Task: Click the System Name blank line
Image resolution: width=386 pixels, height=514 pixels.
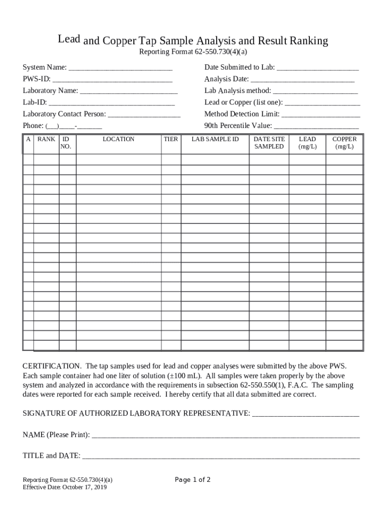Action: pyautogui.click(x=120, y=68)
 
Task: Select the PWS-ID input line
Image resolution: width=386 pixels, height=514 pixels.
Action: pyautogui.click(x=112, y=79)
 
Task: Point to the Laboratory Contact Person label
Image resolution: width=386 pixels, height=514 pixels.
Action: pyautogui.click(x=64, y=114)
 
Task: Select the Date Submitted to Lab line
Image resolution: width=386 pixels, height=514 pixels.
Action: pyautogui.click(x=317, y=68)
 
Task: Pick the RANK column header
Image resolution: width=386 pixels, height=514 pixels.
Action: pyautogui.click(x=46, y=139)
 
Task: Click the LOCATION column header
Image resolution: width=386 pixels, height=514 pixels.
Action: pyautogui.click(x=118, y=139)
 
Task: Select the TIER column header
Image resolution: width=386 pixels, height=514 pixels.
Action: pyautogui.click(x=171, y=139)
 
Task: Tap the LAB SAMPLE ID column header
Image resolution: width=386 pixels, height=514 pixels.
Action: pyautogui.click(x=215, y=139)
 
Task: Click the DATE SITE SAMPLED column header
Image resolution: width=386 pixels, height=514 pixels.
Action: pyautogui.click(x=269, y=143)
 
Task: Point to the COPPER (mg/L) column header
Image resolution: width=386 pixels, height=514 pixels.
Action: pyautogui.click(x=344, y=143)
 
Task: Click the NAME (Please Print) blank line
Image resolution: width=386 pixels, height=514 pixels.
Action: pyautogui.click(x=226, y=435)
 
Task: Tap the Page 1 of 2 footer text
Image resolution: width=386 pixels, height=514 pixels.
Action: pyautogui.click(x=192, y=480)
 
